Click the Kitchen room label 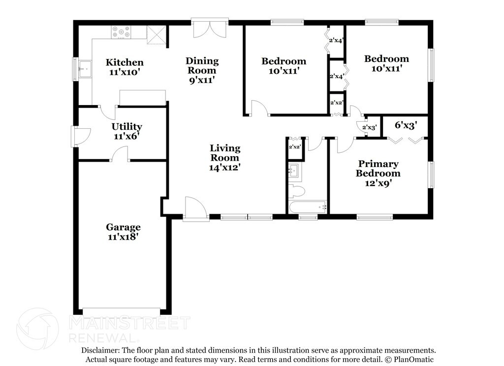(x=125, y=62)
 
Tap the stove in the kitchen (x=121, y=32)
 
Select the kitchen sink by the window (x=85, y=69)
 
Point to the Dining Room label (x=202, y=65)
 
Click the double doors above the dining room (x=210, y=29)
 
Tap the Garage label (x=123, y=227)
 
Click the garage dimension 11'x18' (x=123, y=236)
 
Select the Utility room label (x=127, y=127)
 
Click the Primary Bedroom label (x=378, y=168)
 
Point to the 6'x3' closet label (x=406, y=125)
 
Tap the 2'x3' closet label (x=369, y=128)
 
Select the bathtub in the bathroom (x=308, y=207)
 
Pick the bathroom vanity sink (x=294, y=171)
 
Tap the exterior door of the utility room (x=80, y=136)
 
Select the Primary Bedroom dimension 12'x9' (x=378, y=183)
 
